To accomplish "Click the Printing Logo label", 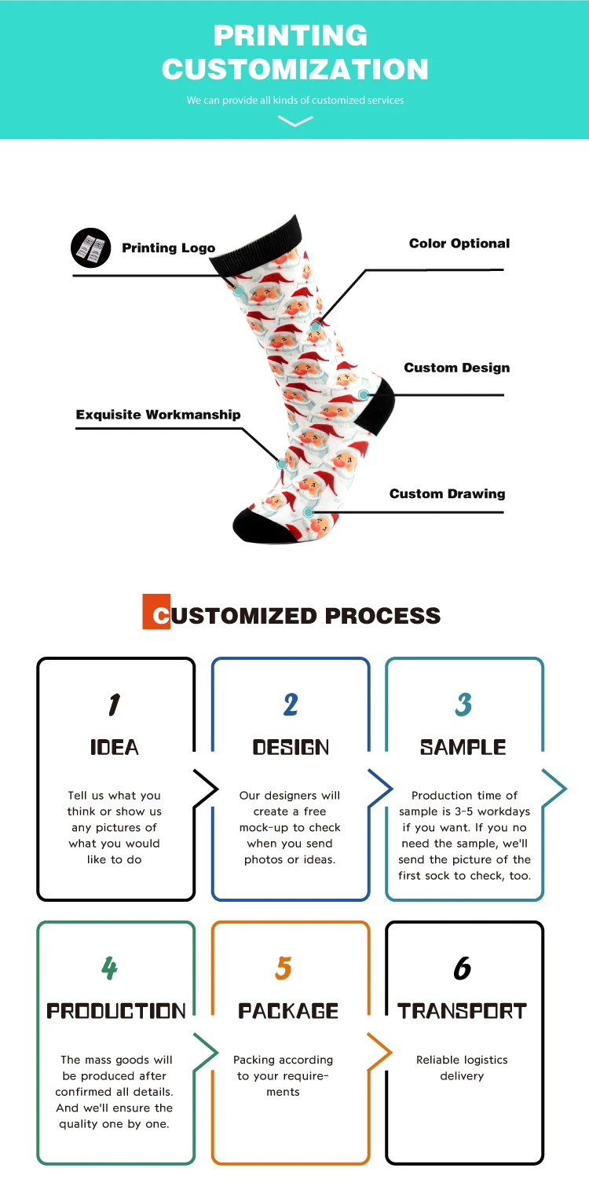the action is pos(168,248).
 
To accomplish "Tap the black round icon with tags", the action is pos(91,247).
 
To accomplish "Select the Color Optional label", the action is pos(459,244).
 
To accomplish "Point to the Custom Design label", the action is pos(456,368).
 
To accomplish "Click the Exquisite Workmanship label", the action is pos(158,415).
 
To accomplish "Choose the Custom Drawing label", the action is pos(447,494).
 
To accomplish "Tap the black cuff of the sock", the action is pos(255,244).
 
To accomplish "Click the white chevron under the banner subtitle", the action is pos(295,121).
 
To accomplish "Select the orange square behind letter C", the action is pos(155,612).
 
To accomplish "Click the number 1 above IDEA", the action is pos(115,705).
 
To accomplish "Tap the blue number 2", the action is pos(291,705).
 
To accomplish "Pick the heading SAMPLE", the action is pos(463,748).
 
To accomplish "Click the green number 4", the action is pos(110,969).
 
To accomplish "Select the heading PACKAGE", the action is pos(288,1011).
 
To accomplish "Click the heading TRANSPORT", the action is pos(462,1011).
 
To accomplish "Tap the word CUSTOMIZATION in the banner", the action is pos(295,68).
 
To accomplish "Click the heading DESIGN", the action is pos(291,748).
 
